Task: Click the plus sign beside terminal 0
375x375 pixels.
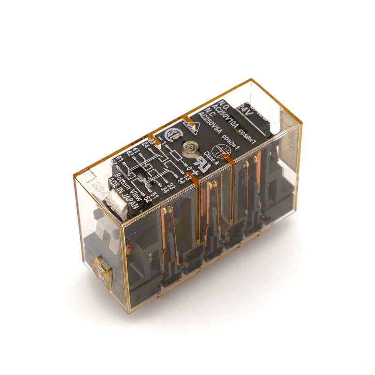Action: coord(195,172)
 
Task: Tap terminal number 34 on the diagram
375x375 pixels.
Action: coord(165,190)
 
